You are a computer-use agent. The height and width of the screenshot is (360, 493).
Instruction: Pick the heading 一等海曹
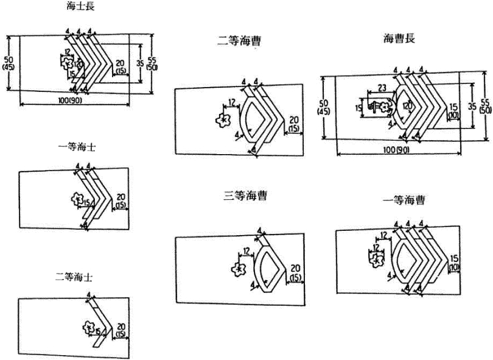click(x=404, y=199)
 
